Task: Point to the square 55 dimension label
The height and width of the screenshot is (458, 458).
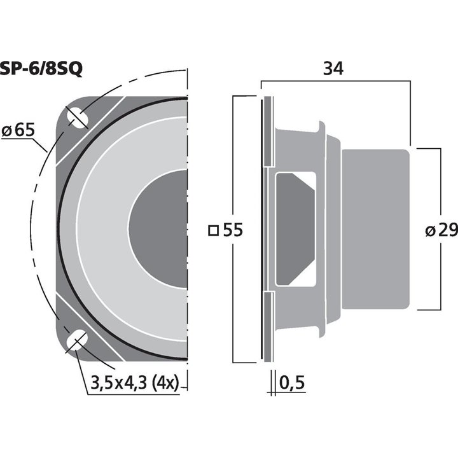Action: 226,230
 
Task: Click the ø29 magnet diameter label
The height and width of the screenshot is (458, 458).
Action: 440,230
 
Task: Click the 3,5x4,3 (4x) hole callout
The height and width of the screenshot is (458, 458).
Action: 133,384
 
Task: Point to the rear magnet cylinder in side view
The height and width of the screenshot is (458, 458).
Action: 375,229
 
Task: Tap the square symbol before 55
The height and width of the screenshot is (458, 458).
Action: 213,230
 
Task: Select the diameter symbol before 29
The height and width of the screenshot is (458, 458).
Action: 429,231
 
